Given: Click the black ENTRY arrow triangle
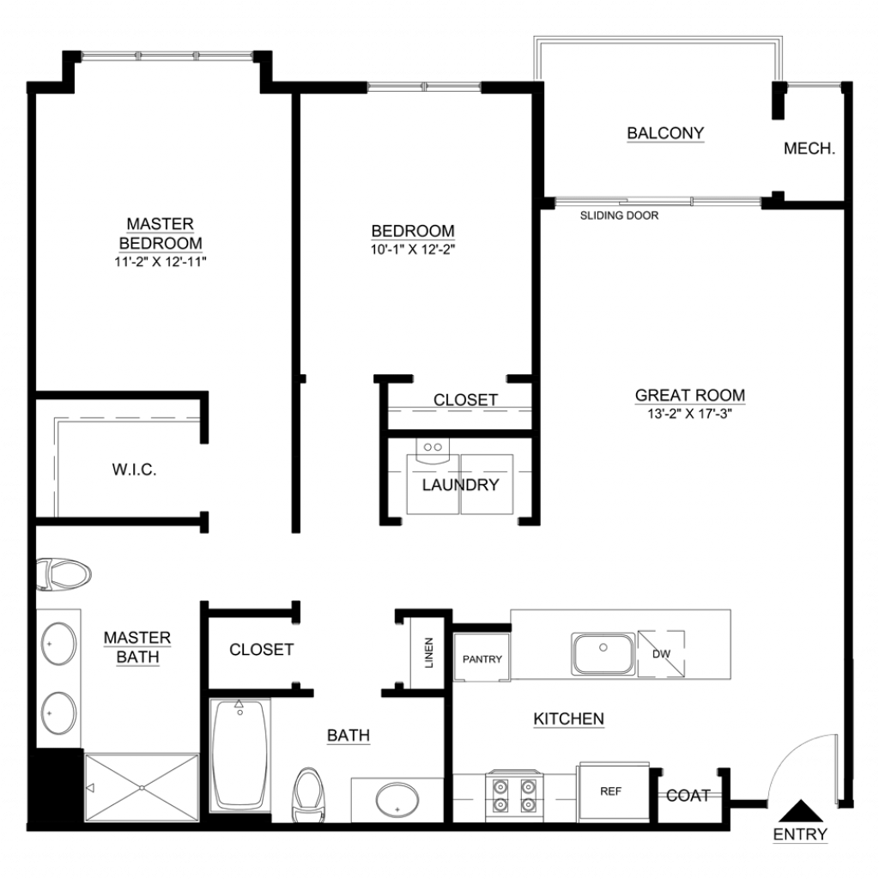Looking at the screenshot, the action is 801,811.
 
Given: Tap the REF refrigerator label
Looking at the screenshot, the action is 610,791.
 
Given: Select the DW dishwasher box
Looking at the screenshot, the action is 661,653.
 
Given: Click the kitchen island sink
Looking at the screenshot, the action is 603,653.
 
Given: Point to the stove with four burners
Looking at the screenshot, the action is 514,796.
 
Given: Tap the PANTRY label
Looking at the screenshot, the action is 482,659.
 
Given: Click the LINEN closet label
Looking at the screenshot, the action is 429,652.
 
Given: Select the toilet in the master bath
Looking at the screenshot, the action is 64,574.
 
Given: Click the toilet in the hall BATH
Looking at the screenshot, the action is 308,795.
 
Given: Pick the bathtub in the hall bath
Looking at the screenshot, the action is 240,755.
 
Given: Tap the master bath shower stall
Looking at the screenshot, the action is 142,788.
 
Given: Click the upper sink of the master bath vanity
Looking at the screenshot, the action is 59,644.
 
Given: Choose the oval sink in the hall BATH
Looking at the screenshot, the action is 397,800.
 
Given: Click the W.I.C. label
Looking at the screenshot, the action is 134,470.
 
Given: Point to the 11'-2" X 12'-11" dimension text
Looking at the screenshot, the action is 161,261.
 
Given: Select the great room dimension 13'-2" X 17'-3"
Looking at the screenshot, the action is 689,414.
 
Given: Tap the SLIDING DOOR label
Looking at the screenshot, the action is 619,215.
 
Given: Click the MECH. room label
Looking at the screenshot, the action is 809,149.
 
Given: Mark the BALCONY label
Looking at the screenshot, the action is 665,133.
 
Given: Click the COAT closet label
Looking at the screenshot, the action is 688,795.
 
